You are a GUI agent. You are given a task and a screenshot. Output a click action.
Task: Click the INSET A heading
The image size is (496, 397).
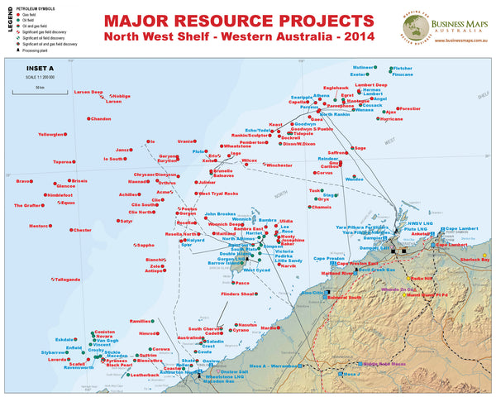pyautogui.click(x=39, y=68)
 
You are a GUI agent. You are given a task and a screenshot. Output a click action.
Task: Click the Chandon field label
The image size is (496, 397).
pyautogui.click(x=100, y=119)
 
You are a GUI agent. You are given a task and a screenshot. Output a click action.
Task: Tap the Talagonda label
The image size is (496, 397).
pyautogui.click(x=67, y=280)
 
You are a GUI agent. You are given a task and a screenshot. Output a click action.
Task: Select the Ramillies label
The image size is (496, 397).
pyautogui.click(x=140, y=320)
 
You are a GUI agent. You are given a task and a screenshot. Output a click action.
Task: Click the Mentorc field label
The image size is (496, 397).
pyautogui.click(x=39, y=225)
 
